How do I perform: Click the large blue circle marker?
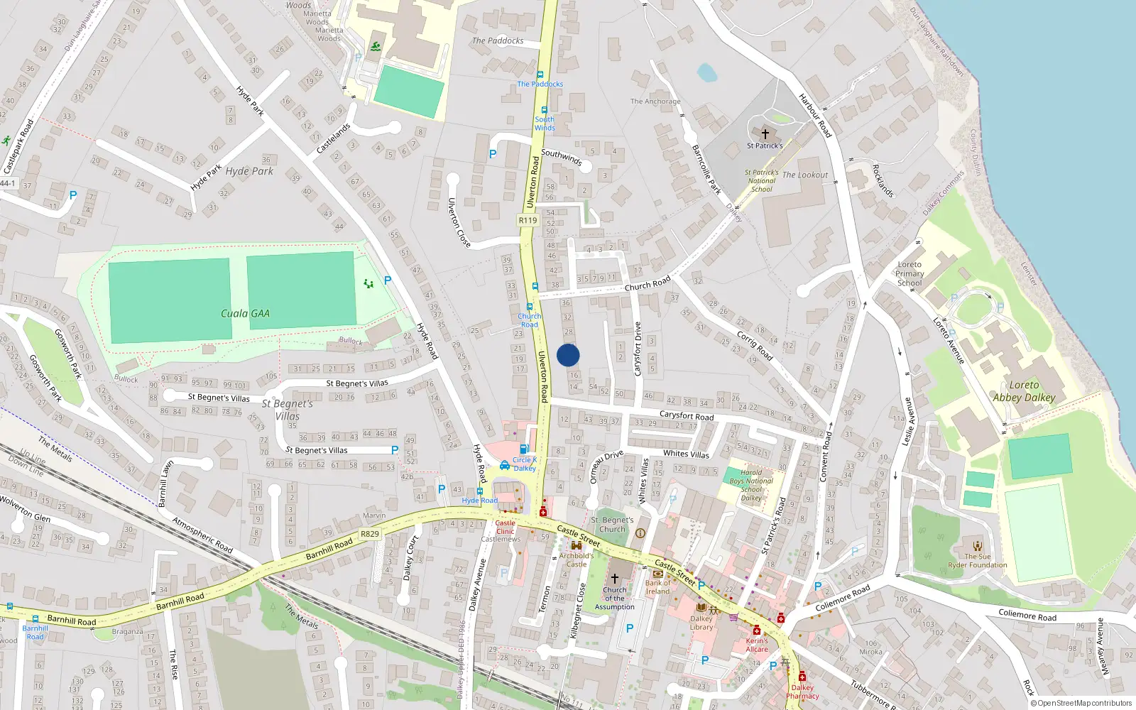tap(568, 355)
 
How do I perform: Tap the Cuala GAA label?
tap(245, 313)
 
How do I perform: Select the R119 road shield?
tap(528, 220)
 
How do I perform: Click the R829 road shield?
tap(370, 534)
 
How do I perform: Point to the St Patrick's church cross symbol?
tap(765, 133)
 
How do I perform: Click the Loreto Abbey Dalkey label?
tap(1024, 391)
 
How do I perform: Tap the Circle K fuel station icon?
tap(524, 449)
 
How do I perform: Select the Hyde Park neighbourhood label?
tap(249, 171)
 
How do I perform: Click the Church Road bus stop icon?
tap(530, 307)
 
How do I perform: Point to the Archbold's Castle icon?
tap(576, 545)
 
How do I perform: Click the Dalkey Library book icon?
tap(701, 608)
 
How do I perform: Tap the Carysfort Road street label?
tap(687, 415)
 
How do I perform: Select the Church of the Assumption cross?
tap(615, 579)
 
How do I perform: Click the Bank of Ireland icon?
tap(657, 573)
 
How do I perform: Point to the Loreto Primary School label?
tap(910, 273)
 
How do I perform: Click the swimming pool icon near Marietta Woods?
tap(376, 47)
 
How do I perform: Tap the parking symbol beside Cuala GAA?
tap(388, 280)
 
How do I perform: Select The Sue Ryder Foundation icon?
tap(978, 546)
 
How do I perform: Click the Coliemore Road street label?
tap(842, 598)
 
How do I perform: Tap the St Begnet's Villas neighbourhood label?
tap(288, 410)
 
